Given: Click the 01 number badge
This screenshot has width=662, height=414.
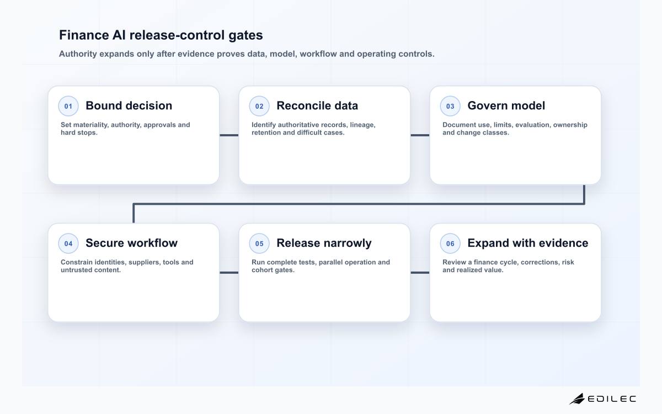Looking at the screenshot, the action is pos(68,106).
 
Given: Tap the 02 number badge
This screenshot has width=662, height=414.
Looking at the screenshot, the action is pos(259,106).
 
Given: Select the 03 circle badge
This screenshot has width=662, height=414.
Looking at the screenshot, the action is pos(450,106).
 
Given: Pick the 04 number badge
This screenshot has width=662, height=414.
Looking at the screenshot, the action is pos(68,243).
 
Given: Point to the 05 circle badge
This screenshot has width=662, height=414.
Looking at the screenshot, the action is pos(259,243).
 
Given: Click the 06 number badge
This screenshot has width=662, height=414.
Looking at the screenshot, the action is pos(450,243).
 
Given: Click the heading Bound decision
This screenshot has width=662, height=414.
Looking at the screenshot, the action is pos(129,105).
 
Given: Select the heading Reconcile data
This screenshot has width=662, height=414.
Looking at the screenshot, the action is pos(317,105).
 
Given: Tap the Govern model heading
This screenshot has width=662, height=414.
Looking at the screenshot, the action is pos(506,105).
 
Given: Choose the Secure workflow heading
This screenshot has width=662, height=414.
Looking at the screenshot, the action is pos(131,243).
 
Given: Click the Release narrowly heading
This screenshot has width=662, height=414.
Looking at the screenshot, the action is pos(324,243).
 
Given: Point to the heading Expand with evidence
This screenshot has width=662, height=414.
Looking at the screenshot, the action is pos(528,243).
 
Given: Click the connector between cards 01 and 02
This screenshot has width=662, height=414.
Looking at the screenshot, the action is pos(229,135).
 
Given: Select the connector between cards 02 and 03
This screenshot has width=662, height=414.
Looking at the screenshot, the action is pos(420,135).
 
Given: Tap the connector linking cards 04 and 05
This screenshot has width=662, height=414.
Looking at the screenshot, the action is pos(229,273).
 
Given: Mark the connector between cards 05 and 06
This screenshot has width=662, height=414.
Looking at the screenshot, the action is pos(420,273).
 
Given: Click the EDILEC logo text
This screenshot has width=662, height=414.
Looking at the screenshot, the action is pos(612,399).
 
